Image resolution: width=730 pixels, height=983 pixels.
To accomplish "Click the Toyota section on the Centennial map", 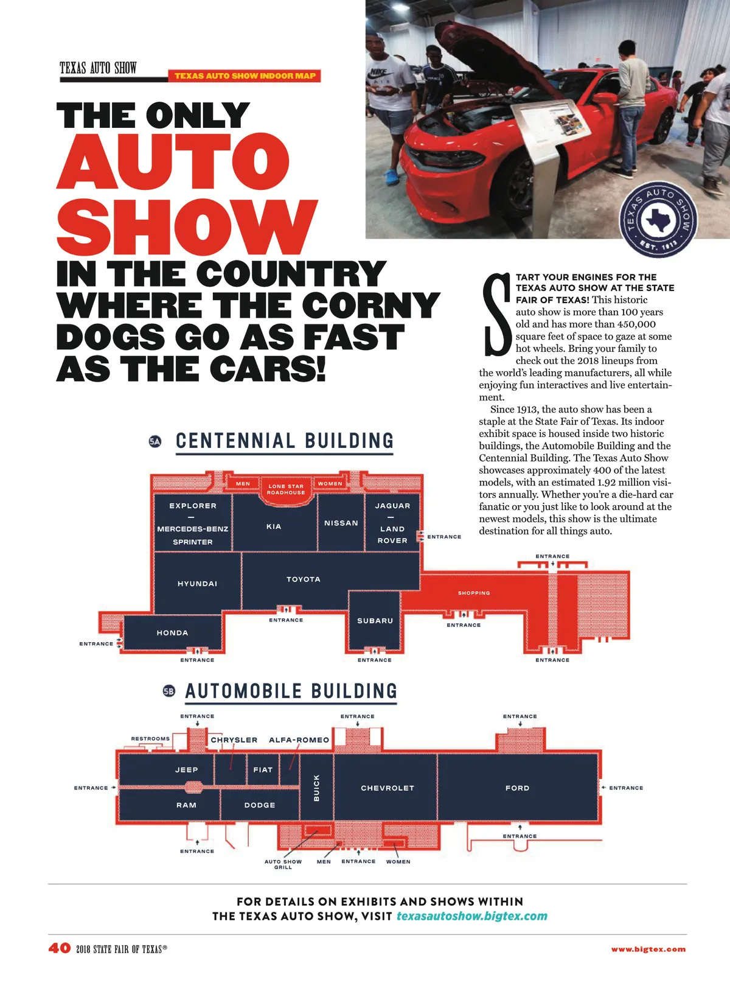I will click(x=304, y=579).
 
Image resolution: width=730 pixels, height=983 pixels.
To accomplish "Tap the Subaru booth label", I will click(x=375, y=621).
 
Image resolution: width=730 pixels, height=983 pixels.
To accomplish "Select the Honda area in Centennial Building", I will click(x=172, y=633).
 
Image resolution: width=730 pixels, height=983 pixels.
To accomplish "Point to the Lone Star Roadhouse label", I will click(x=286, y=489).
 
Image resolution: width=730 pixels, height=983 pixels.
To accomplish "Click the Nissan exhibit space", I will click(x=341, y=523).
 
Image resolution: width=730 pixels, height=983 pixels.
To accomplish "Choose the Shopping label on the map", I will click(x=474, y=593).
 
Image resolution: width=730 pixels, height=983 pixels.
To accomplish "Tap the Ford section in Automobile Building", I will click(x=517, y=788).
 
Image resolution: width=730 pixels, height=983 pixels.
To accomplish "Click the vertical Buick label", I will click(x=316, y=788).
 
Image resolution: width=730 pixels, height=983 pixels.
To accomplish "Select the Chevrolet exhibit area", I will click(x=387, y=788).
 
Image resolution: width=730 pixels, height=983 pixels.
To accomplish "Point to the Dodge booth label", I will click(x=260, y=805).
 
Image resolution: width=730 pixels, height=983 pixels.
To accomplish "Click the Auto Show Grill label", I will click(x=283, y=864).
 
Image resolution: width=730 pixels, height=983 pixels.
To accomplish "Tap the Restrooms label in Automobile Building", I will click(x=150, y=739).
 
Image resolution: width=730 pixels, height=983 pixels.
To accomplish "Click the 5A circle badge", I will click(x=155, y=441).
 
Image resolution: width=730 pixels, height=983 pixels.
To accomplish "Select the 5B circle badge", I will click(x=169, y=691).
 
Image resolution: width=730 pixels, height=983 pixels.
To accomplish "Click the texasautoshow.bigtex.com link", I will click(x=471, y=917).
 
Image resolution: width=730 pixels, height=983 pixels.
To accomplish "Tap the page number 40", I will click(x=60, y=948).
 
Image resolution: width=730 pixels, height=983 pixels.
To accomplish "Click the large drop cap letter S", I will click(x=496, y=315).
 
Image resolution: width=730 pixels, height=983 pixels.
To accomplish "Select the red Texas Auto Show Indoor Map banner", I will click(x=245, y=76).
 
